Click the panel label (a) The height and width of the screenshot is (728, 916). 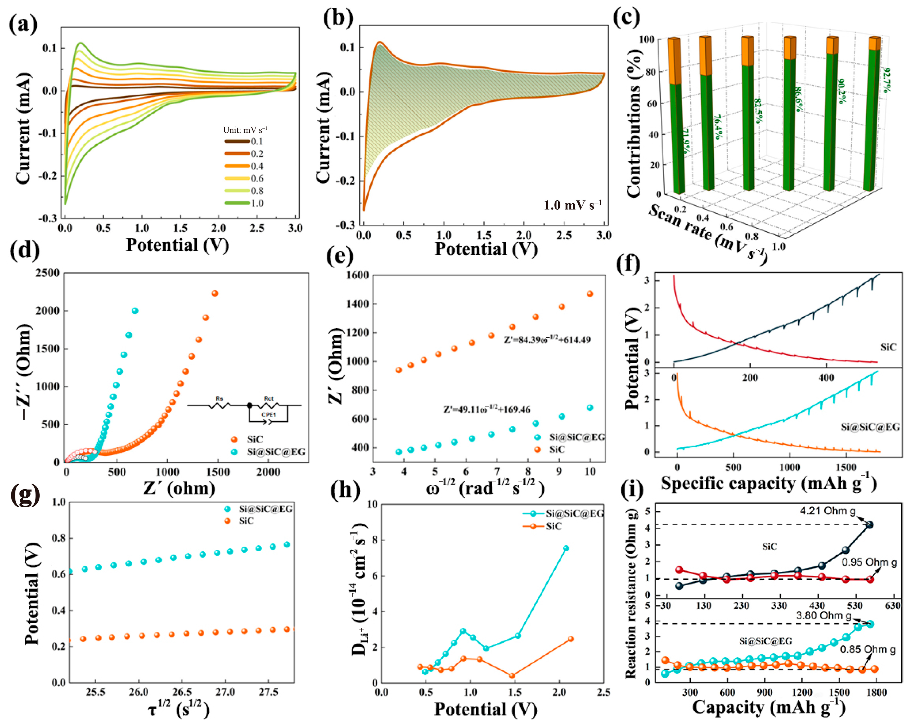23,23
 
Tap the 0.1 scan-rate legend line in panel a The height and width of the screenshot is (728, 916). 237,141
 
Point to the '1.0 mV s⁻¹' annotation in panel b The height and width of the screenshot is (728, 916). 573,205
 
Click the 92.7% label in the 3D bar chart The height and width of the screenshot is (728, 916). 887,79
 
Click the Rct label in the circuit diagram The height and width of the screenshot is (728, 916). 269,399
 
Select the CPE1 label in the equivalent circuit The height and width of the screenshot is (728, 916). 269,415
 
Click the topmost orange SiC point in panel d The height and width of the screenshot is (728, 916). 215,293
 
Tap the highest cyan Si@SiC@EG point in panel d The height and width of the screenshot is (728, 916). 135,311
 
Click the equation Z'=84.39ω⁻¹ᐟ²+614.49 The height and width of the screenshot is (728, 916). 547,340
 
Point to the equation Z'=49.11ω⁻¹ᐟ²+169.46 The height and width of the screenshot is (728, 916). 487,410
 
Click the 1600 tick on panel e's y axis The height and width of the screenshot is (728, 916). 357,275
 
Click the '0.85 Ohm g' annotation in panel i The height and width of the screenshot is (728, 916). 867,649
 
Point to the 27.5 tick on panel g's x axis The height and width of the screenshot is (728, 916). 269,692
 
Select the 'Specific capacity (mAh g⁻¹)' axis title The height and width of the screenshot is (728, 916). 768,484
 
